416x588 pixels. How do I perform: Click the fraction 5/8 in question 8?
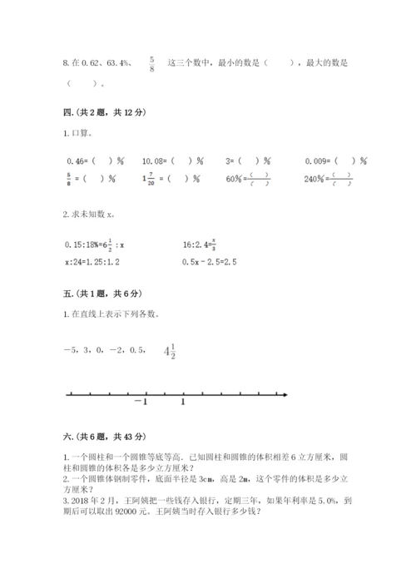click(151, 64)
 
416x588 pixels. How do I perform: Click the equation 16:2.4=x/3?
click(203, 245)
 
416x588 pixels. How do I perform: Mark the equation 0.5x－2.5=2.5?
click(210, 262)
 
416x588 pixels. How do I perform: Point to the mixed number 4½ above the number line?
click(171, 353)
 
